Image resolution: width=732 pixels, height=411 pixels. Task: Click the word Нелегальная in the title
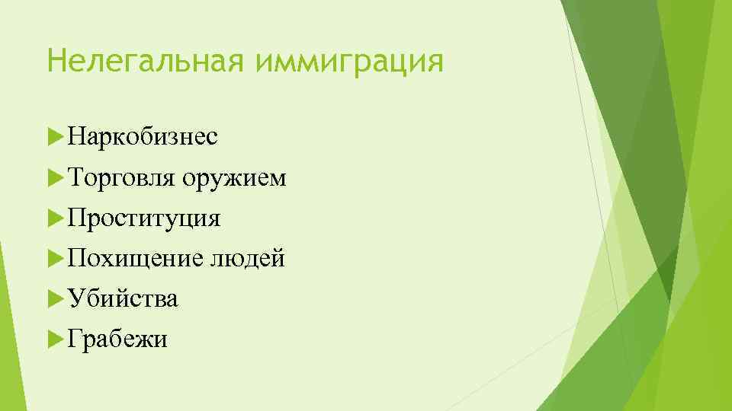tap(145, 59)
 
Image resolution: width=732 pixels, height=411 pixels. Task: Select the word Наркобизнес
tap(142, 137)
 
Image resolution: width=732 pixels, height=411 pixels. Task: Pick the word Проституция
tap(143, 219)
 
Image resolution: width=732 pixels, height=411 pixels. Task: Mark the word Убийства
tap(122, 298)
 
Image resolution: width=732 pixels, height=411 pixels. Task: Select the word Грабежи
tap(117, 339)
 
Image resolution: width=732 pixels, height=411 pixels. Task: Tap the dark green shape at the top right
tap(633, 114)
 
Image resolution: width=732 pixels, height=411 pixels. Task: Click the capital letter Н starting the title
tap(55, 59)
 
